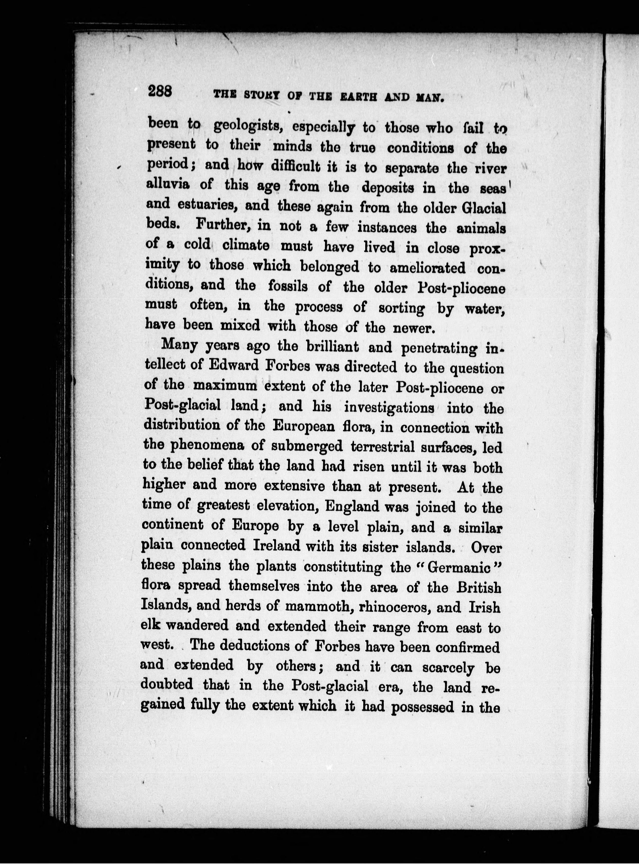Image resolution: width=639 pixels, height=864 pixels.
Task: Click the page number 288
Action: [x=160, y=93]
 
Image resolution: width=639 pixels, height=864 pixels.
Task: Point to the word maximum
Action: [x=225, y=386]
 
